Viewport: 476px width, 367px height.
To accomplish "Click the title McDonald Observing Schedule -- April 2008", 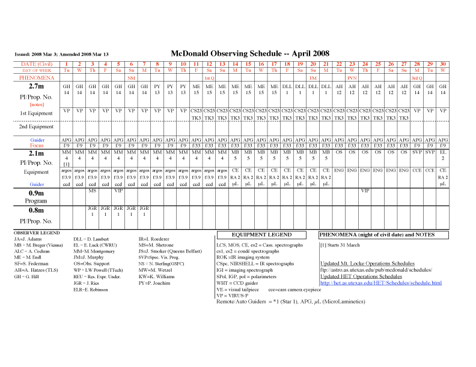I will click(250, 53).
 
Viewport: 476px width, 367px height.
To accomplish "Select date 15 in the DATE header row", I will click(249, 64).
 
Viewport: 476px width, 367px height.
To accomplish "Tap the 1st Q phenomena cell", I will click(209, 78).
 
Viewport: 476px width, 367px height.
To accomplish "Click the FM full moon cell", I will click(313, 78).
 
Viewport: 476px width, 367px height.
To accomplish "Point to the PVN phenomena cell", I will click(352, 78).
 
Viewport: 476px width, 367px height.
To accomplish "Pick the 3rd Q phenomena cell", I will click(416, 78).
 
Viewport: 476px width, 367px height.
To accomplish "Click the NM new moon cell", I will click(131, 78).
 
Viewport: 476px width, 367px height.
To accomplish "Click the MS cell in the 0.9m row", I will click(92, 191).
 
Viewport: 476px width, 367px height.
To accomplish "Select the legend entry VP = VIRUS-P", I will click(235, 295).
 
